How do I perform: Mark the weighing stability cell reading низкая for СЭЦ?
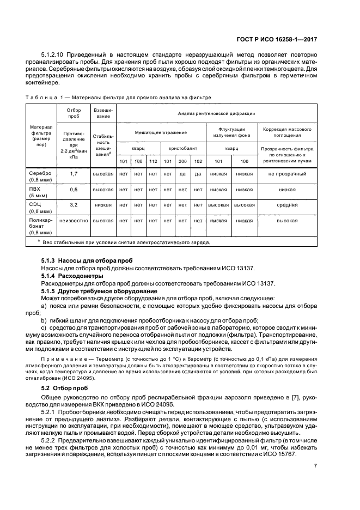pos(102,205)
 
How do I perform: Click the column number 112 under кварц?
pos(153,161)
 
